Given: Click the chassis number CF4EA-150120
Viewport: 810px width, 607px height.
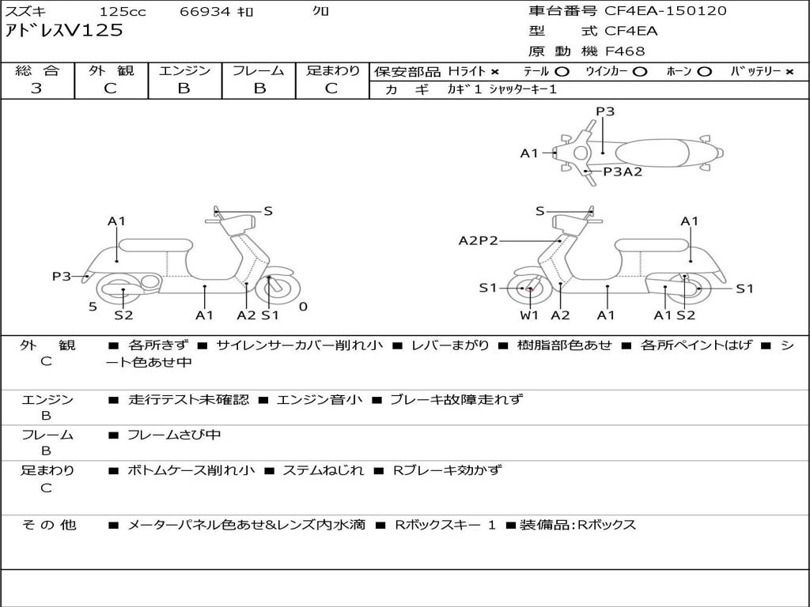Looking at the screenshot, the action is point(665,11).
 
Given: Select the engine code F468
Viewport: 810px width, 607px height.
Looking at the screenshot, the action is point(625,51).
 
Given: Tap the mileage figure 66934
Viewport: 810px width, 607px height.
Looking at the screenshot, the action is point(205,11).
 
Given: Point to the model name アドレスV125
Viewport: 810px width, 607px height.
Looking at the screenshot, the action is point(64,31).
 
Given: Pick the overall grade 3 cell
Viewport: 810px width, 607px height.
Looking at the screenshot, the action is point(36,89).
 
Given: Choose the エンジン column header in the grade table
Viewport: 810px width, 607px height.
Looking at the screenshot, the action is point(184,70).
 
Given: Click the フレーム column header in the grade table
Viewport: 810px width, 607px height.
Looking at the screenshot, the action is point(258,70).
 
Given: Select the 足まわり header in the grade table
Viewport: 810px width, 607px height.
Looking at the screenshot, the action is point(332,70).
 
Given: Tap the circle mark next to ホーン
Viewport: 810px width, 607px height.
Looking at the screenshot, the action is point(704,71).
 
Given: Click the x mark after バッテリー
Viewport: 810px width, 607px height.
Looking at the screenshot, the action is point(789,71).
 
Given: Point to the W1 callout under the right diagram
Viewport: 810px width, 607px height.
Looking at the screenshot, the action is point(529,315).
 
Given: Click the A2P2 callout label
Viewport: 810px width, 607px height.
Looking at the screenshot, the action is point(478,240).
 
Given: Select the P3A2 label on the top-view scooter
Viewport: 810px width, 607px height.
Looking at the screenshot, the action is point(623,172).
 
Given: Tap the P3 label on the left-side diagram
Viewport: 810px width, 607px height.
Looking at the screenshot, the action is point(62,276).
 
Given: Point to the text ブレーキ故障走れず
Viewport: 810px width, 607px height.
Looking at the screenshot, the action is point(456,399).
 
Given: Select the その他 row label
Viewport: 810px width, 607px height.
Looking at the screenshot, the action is point(48,524).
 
